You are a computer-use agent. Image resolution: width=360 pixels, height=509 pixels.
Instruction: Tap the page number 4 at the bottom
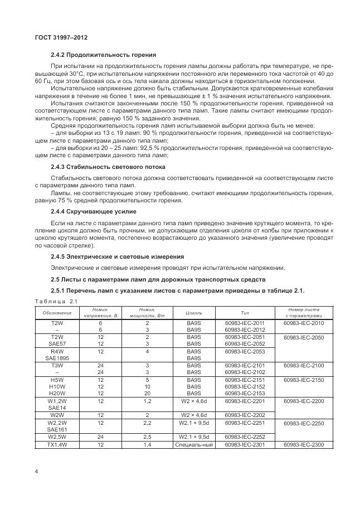tap(36, 472)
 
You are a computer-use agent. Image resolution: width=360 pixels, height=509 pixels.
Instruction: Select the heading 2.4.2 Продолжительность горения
tap(103, 55)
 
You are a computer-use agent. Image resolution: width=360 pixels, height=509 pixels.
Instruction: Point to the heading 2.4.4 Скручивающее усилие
tap(94, 212)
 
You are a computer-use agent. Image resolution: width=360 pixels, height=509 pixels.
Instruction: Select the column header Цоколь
tap(194, 313)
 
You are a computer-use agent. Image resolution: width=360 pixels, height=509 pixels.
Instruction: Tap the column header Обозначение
tap(57, 313)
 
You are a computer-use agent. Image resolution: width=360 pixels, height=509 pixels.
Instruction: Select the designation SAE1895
tap(57, 358)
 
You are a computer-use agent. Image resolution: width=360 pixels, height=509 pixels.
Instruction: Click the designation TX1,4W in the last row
tap(57, 444)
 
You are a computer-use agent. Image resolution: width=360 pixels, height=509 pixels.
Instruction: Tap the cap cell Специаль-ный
tap(194, 444)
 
